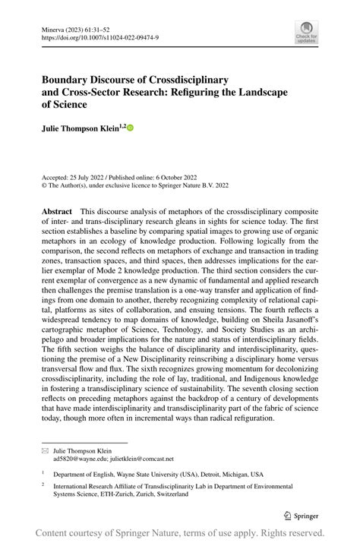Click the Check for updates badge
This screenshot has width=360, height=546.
(x=306, y=31)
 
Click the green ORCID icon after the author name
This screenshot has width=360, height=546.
(x=130, y=128)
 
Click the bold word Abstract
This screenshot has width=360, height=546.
(x=57, y=211)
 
